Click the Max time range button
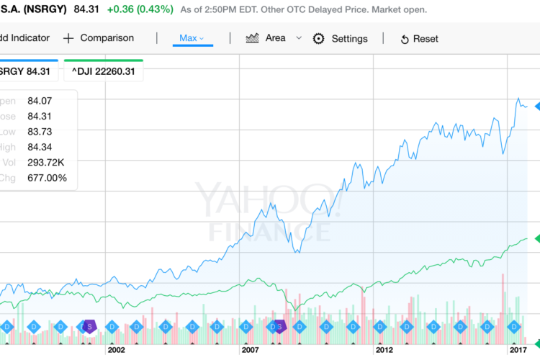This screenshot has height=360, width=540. [x=192, y=38]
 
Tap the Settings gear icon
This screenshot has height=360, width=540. [x=318, y=38]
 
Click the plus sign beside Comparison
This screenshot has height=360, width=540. [x=68, y=38]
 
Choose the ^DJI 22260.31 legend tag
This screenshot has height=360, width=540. [x=104, y=71]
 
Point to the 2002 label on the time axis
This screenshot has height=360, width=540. [x=116, y=349]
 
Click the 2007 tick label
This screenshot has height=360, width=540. [x=250, y=349]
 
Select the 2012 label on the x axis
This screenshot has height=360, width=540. [x=383, y=349]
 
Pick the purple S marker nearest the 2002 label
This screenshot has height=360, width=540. [x=89, y=326]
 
